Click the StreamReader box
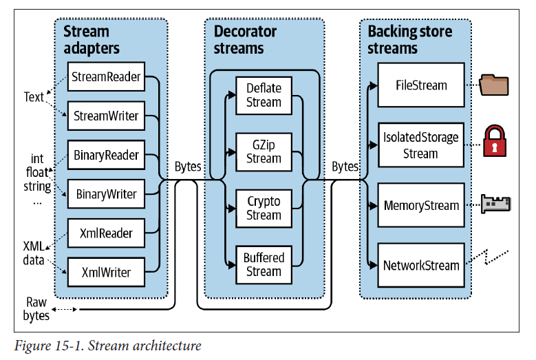pyautogui.click(x=106, y=77)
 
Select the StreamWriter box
pyautogui.click(x=106, y=116)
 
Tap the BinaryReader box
pyautogui.click(x=106, y=156)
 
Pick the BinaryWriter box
pyautogui.click(x=106, y=195)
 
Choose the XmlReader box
pyautogui.click(x=106, y=234)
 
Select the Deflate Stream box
pyautogui.click(x=264, y=96)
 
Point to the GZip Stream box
pyautogui.click(x=264, y=151)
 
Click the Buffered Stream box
pyautogui.click(x=264, y=265)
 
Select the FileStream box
pyautogui.click(x=421, y=86)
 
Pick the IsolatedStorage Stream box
pyautogui.click(x=421, y=145)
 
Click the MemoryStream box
pyautogui.click(x=421, y=205)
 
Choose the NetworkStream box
pyautogui.click(x=421, y=265)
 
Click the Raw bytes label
pyautogui.click(x=37, y=309)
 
